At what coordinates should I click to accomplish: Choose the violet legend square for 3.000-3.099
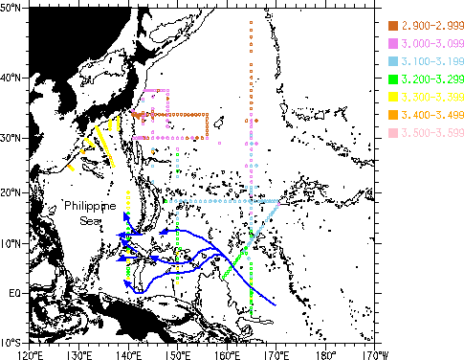pos(392,44)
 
